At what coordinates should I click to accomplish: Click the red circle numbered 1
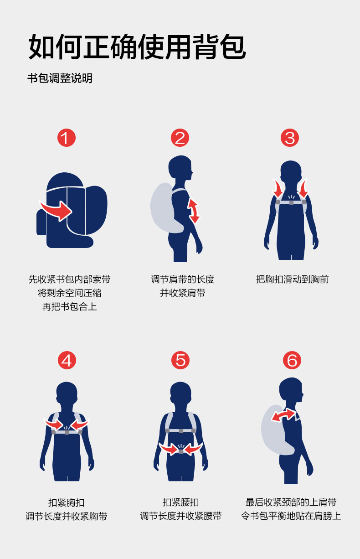pos(67,138)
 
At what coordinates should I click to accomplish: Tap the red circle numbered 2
pos(180,138)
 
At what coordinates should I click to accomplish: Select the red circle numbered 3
pos(290,138)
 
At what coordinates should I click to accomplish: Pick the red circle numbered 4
pos(67,360)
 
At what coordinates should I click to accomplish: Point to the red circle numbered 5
pos(180,360)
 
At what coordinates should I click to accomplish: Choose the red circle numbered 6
pos(292,360)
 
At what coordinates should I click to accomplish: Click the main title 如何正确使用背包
pos(137,47)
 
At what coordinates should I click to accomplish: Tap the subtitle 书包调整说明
pos(60,78)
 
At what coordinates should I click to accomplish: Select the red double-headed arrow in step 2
pos(194,211)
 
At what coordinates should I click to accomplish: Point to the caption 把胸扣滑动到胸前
pos(293,279)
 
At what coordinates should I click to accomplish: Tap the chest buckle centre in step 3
pos(291,202)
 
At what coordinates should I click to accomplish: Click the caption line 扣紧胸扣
pos(67,502)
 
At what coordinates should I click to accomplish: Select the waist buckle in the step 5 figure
pos(181,451)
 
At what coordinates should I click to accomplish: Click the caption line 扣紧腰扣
pos(180,502)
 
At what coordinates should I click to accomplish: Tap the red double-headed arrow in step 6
pos(283,415)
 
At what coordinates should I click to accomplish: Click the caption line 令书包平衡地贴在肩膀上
pos(291,516)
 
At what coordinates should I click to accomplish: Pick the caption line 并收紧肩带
pos(183,293)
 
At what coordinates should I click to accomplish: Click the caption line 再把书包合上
pos(70,307)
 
